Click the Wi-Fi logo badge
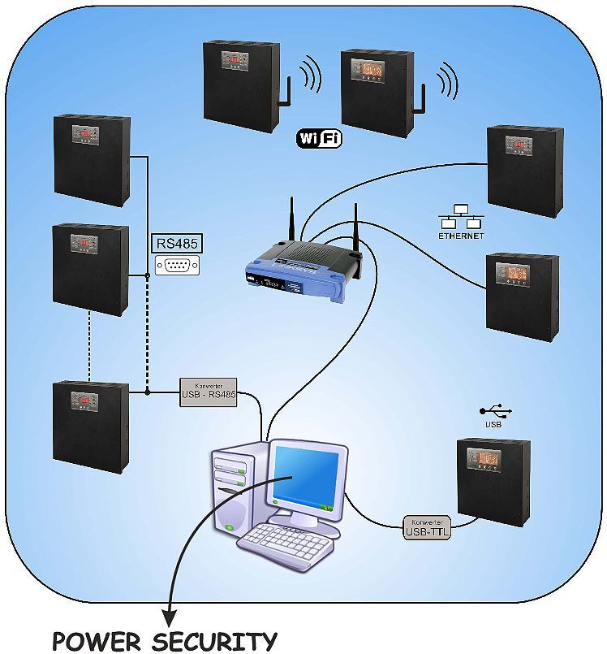[x=319, y=139]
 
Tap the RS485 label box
[x=176, y=243]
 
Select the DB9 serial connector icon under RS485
[x=176, y=265]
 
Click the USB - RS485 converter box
[x=209, y=392]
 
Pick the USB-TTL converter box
[x=427, y=528]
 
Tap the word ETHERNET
[x=461, y=236]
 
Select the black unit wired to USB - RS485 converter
[x=90, y=427]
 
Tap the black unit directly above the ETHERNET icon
[x=524, y=171]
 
